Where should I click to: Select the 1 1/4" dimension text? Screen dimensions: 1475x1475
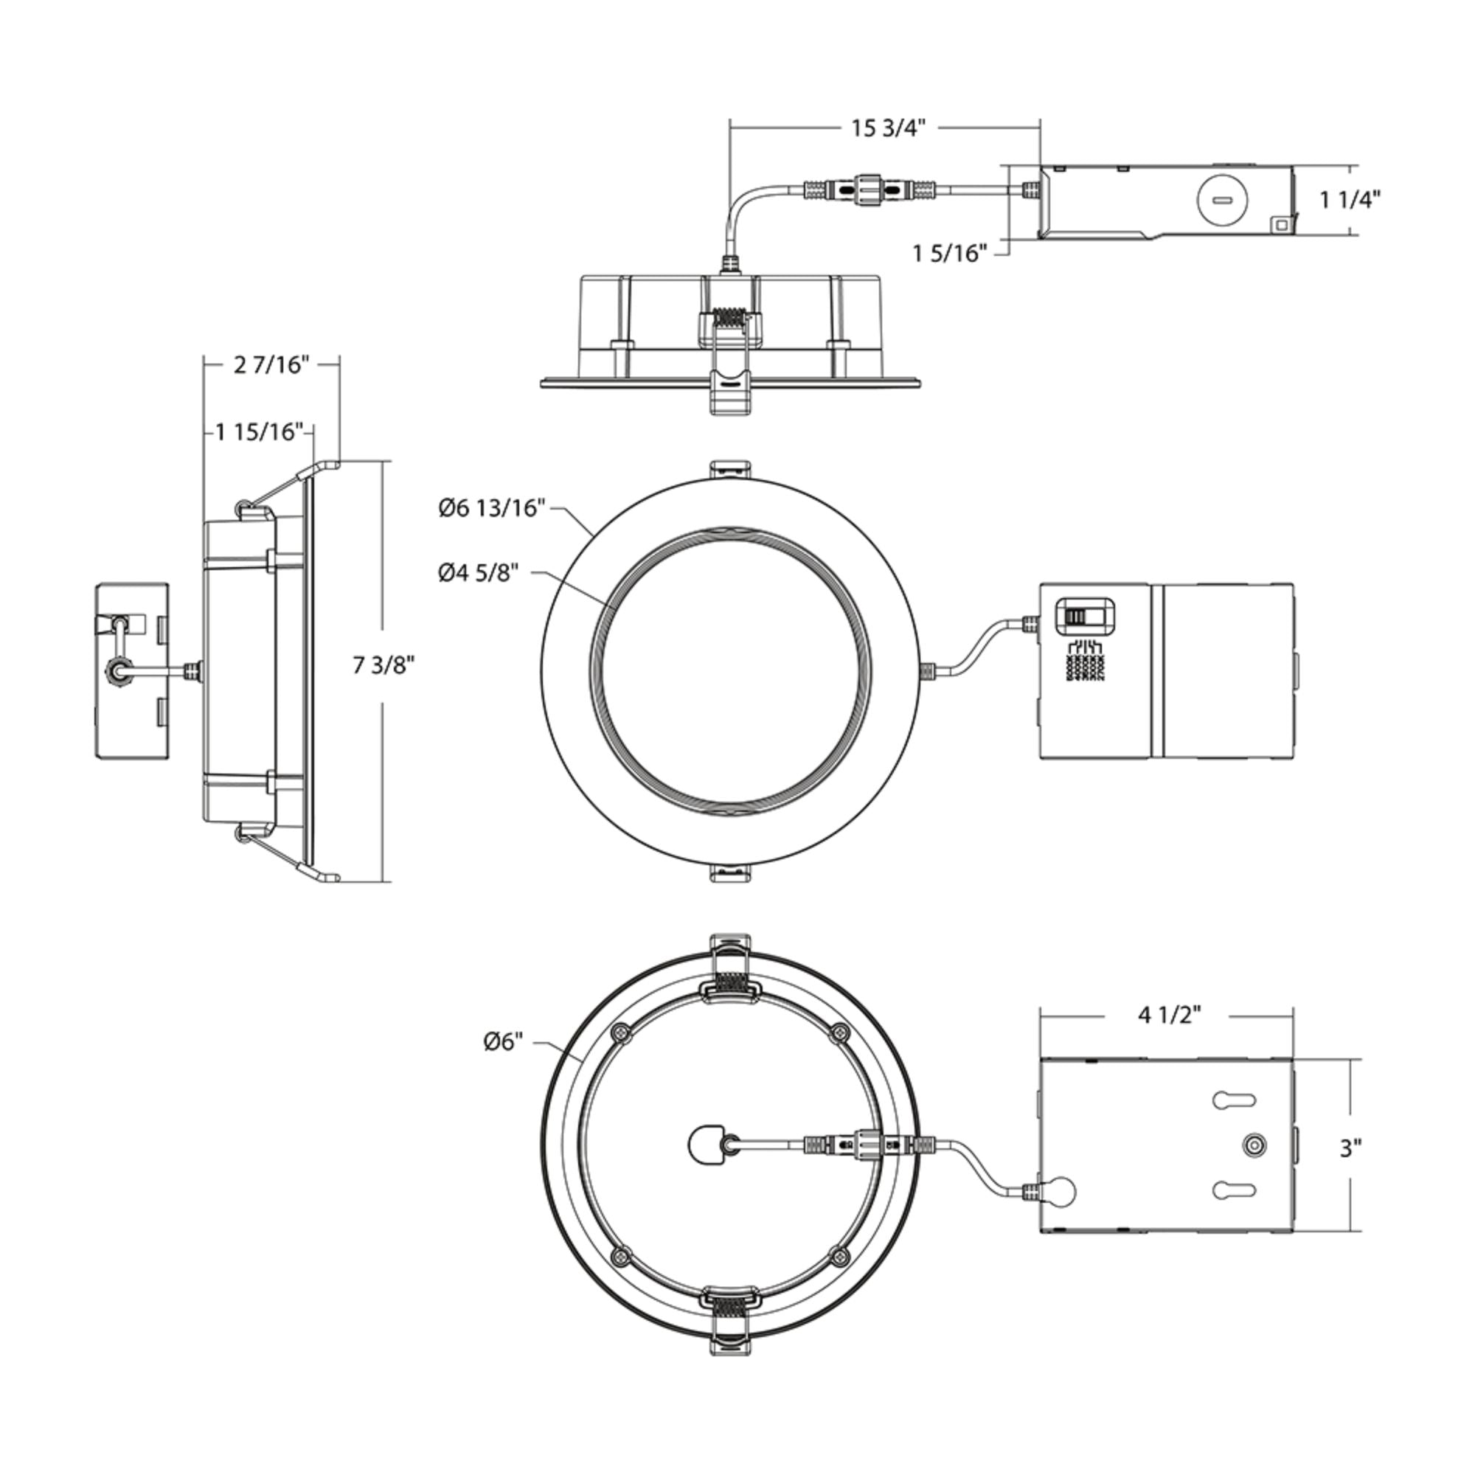tap(1350, 200)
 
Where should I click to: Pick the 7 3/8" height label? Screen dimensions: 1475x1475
tap(383, 665)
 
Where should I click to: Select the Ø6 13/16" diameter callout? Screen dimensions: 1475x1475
tap(493, 507)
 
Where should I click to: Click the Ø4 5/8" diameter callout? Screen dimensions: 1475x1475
tap(479, 572)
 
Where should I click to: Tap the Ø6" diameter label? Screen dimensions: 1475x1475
tap(503, 1041)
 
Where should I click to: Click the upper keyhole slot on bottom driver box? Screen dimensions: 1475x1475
tap(1234, 1100)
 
